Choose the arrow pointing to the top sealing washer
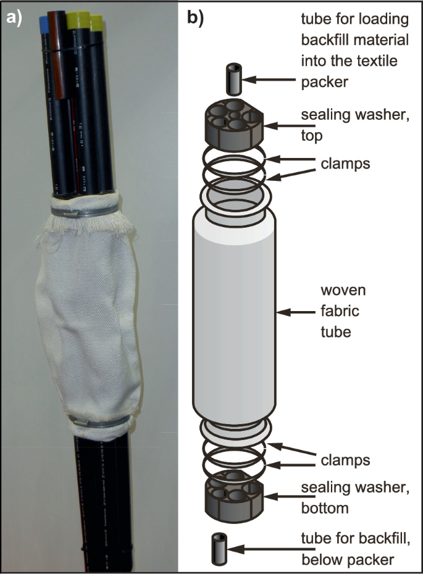coord(282,126)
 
